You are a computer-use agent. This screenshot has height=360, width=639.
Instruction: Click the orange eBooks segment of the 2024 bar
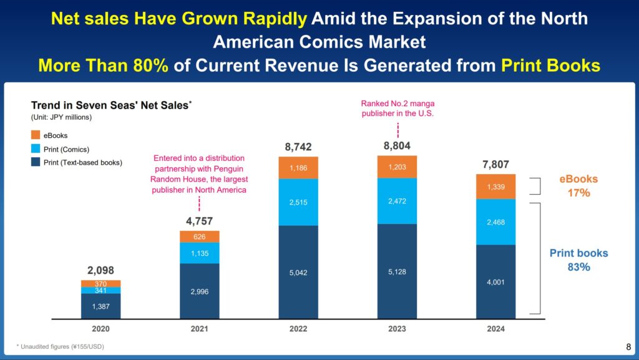(x=496, y=186)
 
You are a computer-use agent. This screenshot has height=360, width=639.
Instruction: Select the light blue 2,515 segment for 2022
(x=298, y=202)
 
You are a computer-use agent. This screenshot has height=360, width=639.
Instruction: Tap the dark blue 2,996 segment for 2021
(x=200, y=291)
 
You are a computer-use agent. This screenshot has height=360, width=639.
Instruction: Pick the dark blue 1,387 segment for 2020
(x=100, y=306)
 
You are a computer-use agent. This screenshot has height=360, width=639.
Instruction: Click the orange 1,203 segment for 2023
(x=397, y=167)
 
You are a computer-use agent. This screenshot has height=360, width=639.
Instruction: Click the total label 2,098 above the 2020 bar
(x=100, y=271)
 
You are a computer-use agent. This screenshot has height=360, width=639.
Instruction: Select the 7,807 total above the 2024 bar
(x=496, y=164)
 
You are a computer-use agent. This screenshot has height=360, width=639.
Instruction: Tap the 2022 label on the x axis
(x=298, y=329)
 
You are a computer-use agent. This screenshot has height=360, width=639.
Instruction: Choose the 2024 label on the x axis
(x=496, y=329)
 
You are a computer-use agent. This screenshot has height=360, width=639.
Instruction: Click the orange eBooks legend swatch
(x=36, y=135)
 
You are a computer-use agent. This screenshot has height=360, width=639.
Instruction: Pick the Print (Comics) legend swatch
(x=36, y=148)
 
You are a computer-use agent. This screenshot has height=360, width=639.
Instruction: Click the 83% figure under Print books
(x=578, y=267)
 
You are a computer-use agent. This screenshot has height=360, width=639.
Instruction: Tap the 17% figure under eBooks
(x=578, y=193)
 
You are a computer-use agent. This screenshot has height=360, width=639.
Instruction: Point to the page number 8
(x=628, y=347)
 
